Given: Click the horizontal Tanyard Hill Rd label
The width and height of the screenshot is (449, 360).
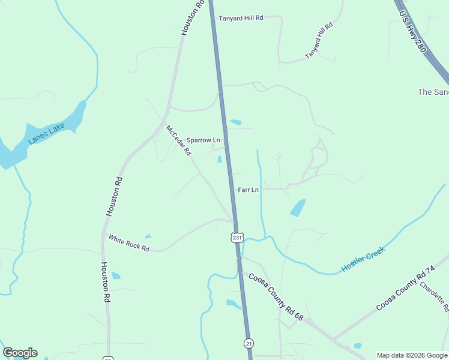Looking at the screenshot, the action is [241, 18].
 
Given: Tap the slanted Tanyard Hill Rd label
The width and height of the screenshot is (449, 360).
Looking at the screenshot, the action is [319, 41].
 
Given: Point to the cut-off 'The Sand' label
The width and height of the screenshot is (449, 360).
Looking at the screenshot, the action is [433, 92].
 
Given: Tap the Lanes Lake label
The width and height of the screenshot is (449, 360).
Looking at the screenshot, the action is [46, 134].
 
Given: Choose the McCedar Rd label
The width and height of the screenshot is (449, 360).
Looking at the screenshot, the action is [178, 139].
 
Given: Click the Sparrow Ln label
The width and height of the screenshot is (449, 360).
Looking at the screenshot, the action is [203, 140].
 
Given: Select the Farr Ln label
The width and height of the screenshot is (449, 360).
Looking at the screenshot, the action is [248, 190].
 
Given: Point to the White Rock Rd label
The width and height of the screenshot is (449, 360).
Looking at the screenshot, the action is [128, 242].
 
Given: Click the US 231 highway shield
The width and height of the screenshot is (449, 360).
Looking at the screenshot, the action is [238, 238].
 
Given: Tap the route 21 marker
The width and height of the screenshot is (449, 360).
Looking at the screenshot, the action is [249, 343].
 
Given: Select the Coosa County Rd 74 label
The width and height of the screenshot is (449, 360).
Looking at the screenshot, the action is [405, 289].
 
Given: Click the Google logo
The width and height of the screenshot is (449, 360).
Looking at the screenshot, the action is [20, 353].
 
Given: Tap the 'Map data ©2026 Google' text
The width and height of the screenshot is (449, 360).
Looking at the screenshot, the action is [412, 355].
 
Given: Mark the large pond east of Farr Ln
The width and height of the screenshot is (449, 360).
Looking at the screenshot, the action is [298, 208].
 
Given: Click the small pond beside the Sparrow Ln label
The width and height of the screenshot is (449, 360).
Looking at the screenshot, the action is [219, 159].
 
